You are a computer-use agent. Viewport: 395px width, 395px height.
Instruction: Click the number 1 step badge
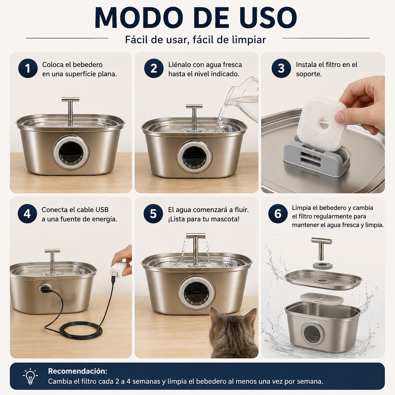click(x=28, y=68)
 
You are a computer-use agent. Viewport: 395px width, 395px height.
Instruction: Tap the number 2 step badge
click(x=154, y=68)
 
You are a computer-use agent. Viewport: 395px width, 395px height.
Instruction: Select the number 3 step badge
click(x=281, y=68)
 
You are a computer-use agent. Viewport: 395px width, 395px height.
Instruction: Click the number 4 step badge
click(x=27, y=214)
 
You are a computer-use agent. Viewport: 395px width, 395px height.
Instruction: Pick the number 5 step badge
click(x=153, y=214)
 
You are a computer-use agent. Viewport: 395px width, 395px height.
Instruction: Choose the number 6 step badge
click(x=278, y=214)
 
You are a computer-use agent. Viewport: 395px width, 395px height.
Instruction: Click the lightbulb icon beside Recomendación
click(x=30, y=376)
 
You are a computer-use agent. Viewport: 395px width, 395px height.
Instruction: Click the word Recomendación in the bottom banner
click(x=77, y=371)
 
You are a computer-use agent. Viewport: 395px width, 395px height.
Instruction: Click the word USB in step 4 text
click(x=102, y=210)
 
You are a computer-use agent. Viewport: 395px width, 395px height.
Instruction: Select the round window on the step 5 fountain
click(x=196, y=294)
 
